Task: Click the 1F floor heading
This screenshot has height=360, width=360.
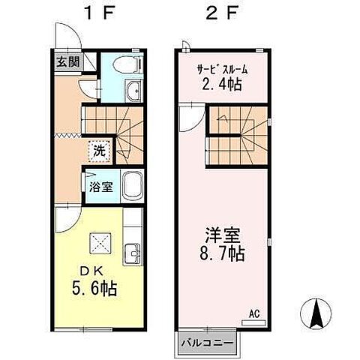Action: pos(97,13)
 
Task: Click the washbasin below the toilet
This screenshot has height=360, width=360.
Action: pos(133,92)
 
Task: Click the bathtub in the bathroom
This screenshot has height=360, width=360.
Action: pos(133,184)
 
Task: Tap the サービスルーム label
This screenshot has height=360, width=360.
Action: pos(222,70)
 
